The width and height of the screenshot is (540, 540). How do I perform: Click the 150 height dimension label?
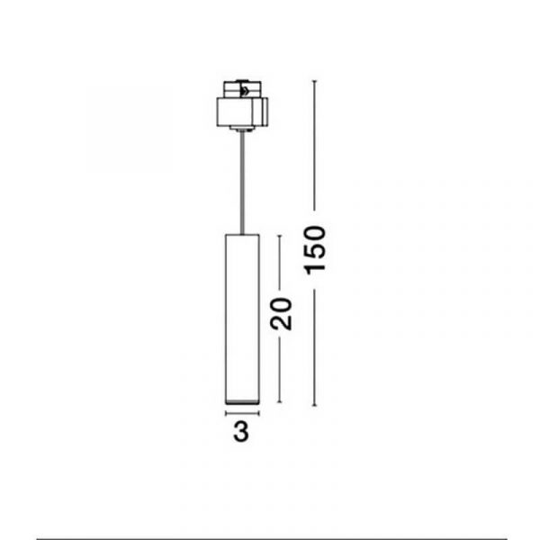point(315,250)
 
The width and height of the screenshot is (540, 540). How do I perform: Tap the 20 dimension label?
point(281,314)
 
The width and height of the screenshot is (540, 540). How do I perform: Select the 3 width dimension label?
point(241,431)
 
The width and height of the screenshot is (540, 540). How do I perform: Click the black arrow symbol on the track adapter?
point(245,91)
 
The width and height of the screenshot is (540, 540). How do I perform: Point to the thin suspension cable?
point(242,183)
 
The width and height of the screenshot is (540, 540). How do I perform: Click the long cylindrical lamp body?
point(242,319)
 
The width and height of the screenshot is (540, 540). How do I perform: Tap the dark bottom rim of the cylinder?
point(242,402)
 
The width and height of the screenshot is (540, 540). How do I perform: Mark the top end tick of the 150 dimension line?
point(314,81)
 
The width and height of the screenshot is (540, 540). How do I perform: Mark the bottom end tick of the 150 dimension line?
point(314,405)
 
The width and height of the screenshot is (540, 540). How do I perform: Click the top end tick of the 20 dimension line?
point(279,236)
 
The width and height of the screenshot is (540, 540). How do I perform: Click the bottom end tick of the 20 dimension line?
point(279,401)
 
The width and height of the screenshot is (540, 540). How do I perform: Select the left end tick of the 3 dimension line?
point(226,413)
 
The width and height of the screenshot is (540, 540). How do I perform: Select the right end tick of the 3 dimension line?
point(258,413)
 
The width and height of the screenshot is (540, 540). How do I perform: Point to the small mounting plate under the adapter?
point(242,129)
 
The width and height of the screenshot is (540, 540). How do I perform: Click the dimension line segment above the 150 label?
point(314,146)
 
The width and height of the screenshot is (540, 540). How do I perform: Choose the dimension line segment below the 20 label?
point(279,370)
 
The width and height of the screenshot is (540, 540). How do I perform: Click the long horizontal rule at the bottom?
point(272,538)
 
